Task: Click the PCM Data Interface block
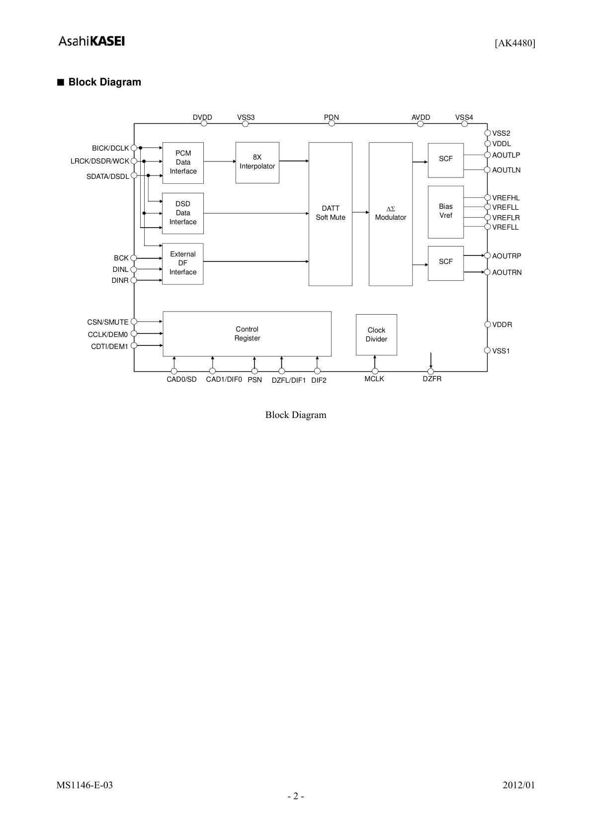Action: click(x=183, y=163)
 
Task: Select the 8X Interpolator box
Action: click(x=257, y=163)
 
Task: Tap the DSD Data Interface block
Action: click(x=183, y=213)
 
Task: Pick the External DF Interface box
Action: click(x=183, y=264)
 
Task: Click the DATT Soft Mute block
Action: click(x=331, y=214)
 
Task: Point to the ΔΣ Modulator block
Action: click(x=391, y=214)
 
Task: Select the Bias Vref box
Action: click(x=445, y=212)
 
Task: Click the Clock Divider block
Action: click(x=376, y=335)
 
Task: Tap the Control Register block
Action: click(x=247, y=334)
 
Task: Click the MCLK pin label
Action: click(x=374, y=379)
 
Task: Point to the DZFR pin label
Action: click(x=432, y=379)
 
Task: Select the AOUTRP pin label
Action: click(x=507, y=256)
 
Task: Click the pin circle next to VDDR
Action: click(x=487, y=325)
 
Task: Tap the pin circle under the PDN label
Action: click(x=332, y=123)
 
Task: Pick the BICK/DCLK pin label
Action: click(x=110, y=148)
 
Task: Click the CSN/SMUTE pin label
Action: click(x=108, y=322)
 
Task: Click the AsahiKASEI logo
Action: click(x=91, y=41)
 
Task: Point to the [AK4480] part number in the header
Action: click(x=515, y=43)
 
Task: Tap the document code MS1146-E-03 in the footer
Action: click(x=85, y=785)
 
